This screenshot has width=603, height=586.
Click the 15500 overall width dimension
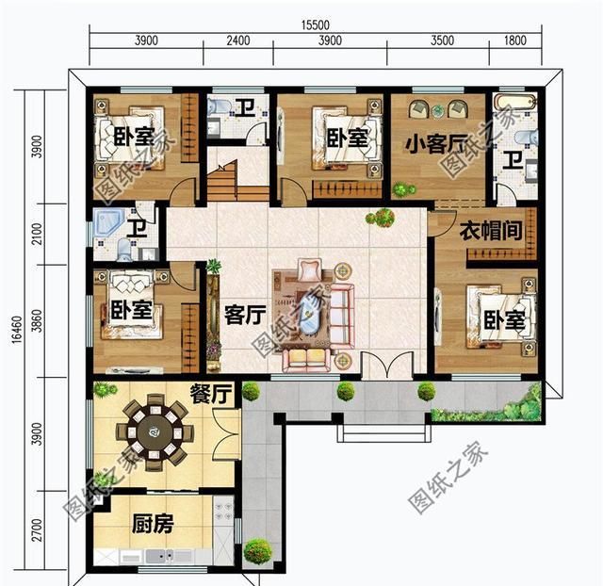tap(315, 25)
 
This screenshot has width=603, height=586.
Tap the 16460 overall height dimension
tap(17, 330)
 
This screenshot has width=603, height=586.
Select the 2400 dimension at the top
tap(238, 41)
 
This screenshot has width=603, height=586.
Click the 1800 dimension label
tap(515, 41)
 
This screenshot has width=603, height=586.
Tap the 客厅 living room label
tap(245, 315)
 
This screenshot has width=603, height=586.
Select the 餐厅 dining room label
tap(211, 394)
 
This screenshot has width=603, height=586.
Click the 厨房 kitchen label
tap(153, 524)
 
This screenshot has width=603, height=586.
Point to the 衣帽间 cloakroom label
tap(491, 231)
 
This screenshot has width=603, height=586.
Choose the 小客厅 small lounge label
tap(436, 144)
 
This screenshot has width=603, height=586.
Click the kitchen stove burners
tap(222, 511)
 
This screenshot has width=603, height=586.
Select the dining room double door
tap(227, 433)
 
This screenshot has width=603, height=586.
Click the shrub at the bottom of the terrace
tap(257, 552)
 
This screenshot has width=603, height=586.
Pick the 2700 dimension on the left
tap(37, 529)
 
